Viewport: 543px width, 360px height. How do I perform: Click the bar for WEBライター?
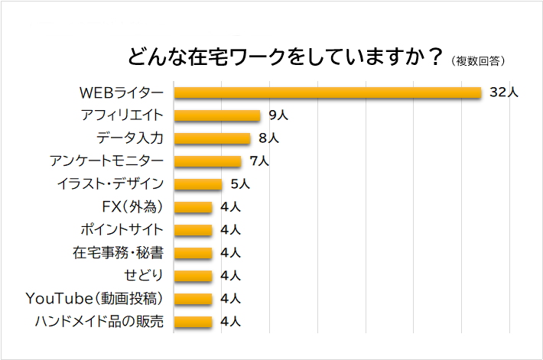click(x=327, y=92)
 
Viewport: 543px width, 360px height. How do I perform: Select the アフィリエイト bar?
click(x=217, y=115)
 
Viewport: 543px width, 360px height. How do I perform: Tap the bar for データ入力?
click(x=212, y=138)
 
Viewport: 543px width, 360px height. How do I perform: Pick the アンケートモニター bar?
click(x=207, y=161)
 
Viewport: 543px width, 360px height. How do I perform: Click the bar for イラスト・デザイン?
click(x=197, y=183)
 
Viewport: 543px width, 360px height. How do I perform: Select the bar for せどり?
click(x=193, y=275)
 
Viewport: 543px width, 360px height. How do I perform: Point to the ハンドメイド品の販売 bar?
click(x=193, y=321)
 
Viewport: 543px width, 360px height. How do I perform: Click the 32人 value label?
click(x=504, y=92)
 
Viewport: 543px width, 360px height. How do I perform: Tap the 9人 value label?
click(x=278, y=115)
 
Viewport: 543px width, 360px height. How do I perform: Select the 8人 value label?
click(x=268, y=138)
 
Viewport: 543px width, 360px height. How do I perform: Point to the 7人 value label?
click(x=259, y=161)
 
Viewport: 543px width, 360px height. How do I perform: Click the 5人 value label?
click(x=240, y=183)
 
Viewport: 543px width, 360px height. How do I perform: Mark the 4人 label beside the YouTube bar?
click(x=230, y=298)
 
